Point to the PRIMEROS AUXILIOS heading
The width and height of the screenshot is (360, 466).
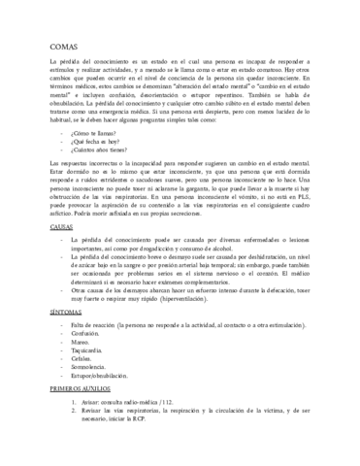pyautogui.click(x=84, y=414)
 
